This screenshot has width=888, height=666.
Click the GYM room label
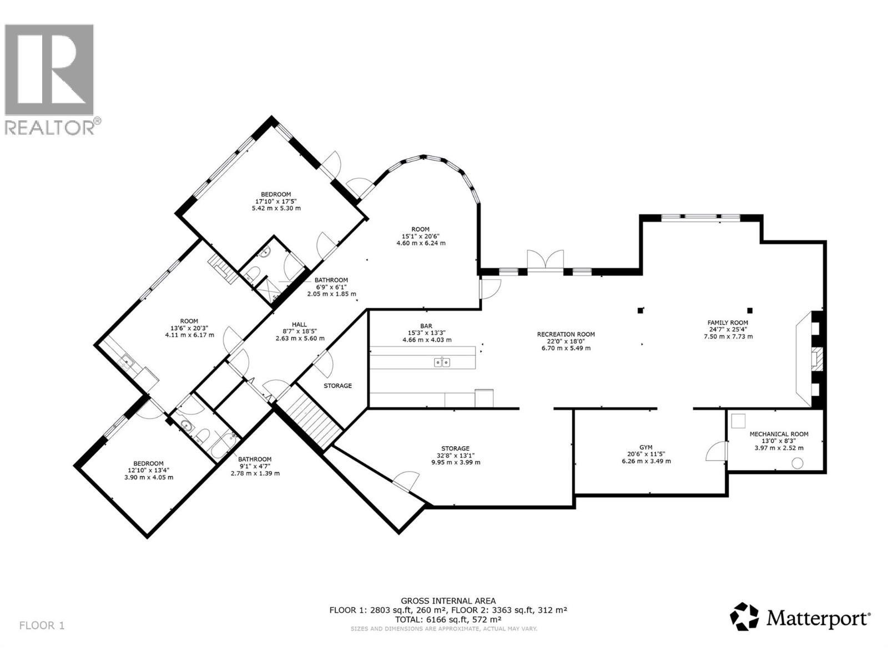(645, 447)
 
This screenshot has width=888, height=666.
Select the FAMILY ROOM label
(727, 322)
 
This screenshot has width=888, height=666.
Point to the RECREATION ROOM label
(566, 334)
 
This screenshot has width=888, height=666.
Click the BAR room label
(426, 326)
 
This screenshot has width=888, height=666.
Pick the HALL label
(299, 325)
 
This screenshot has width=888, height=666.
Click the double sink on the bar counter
(442, 362)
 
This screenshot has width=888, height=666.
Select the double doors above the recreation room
(545, 261)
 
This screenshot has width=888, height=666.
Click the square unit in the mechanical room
(739, 421)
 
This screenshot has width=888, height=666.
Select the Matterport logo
(800, 617)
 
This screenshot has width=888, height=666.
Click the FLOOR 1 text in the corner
(42, 625)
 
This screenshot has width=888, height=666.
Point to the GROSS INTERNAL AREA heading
(448, 601)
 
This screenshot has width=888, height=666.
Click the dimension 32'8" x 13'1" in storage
(455, 455)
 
